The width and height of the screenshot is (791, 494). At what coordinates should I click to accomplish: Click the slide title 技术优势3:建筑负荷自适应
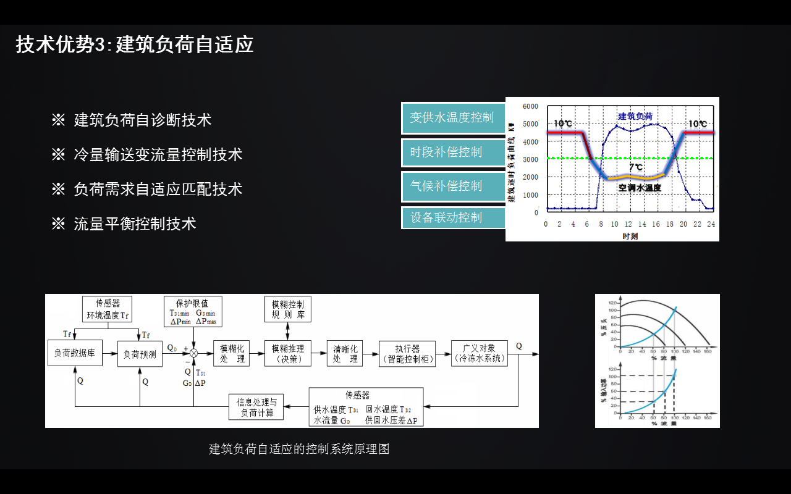point(135,45)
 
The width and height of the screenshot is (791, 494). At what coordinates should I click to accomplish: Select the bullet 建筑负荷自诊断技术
point(143,120)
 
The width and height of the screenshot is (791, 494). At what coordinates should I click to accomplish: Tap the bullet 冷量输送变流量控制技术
point(158,154)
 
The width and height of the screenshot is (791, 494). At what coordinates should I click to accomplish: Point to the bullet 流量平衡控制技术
point(135,224)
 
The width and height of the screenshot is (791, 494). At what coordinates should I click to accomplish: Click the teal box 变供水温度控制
point(452,118)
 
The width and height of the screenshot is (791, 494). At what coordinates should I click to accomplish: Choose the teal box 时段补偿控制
point(452,152)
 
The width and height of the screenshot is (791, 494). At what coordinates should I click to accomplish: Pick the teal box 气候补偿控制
point(452,186)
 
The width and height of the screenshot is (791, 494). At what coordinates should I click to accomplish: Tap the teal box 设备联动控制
point(452,217)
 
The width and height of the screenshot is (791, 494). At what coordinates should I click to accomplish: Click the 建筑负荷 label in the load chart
point(635,116)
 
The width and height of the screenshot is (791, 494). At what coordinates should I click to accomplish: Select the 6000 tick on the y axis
point(530,106)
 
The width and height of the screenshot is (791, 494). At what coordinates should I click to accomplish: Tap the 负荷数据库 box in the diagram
point(74,354)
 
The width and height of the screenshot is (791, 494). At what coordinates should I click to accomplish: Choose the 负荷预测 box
point(140,354)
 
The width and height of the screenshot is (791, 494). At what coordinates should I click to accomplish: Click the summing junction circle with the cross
point(194,353)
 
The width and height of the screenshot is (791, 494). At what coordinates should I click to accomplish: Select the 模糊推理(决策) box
point(287,353)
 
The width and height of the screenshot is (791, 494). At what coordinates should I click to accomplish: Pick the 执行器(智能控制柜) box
point(408,353)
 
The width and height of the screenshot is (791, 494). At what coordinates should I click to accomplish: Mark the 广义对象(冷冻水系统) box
point(480,353)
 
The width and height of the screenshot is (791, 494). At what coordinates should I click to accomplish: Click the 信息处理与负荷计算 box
point(256,407)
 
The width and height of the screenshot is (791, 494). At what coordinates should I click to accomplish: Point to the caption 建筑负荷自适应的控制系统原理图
point(299,449)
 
